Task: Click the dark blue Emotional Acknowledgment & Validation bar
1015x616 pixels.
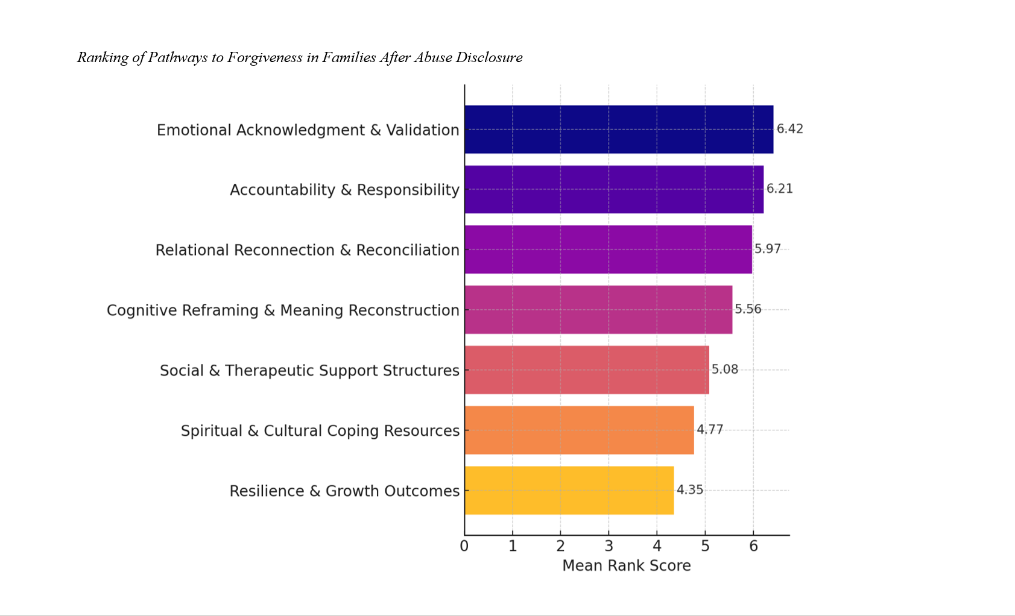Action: point(619,129)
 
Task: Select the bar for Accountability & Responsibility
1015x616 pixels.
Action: point(614,189)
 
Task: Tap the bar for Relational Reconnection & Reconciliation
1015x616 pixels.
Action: point(608,250)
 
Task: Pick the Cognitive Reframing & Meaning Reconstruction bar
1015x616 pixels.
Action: point(598,310)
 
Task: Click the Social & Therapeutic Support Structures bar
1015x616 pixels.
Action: point(587,370)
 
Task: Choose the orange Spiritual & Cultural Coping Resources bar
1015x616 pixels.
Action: point(579,430)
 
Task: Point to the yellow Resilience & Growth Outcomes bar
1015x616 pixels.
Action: point(569,491)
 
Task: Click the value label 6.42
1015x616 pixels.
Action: point(789,129)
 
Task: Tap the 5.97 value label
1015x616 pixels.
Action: point(767,249)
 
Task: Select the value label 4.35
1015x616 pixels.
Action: point(689,490)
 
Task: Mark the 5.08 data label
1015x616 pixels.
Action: point(724,369)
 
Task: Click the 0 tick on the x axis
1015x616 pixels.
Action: point(464,546)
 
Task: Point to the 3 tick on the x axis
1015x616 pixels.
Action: point(609,546)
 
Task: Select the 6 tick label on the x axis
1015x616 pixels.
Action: point(753,546)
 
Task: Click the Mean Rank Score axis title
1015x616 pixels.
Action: point(626,566)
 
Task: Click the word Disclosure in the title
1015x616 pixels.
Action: point(489,58)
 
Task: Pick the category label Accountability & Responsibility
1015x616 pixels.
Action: point(344,190)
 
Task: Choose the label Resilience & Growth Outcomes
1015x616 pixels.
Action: point(344,491)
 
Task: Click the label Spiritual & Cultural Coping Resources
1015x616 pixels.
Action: point(320,431)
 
